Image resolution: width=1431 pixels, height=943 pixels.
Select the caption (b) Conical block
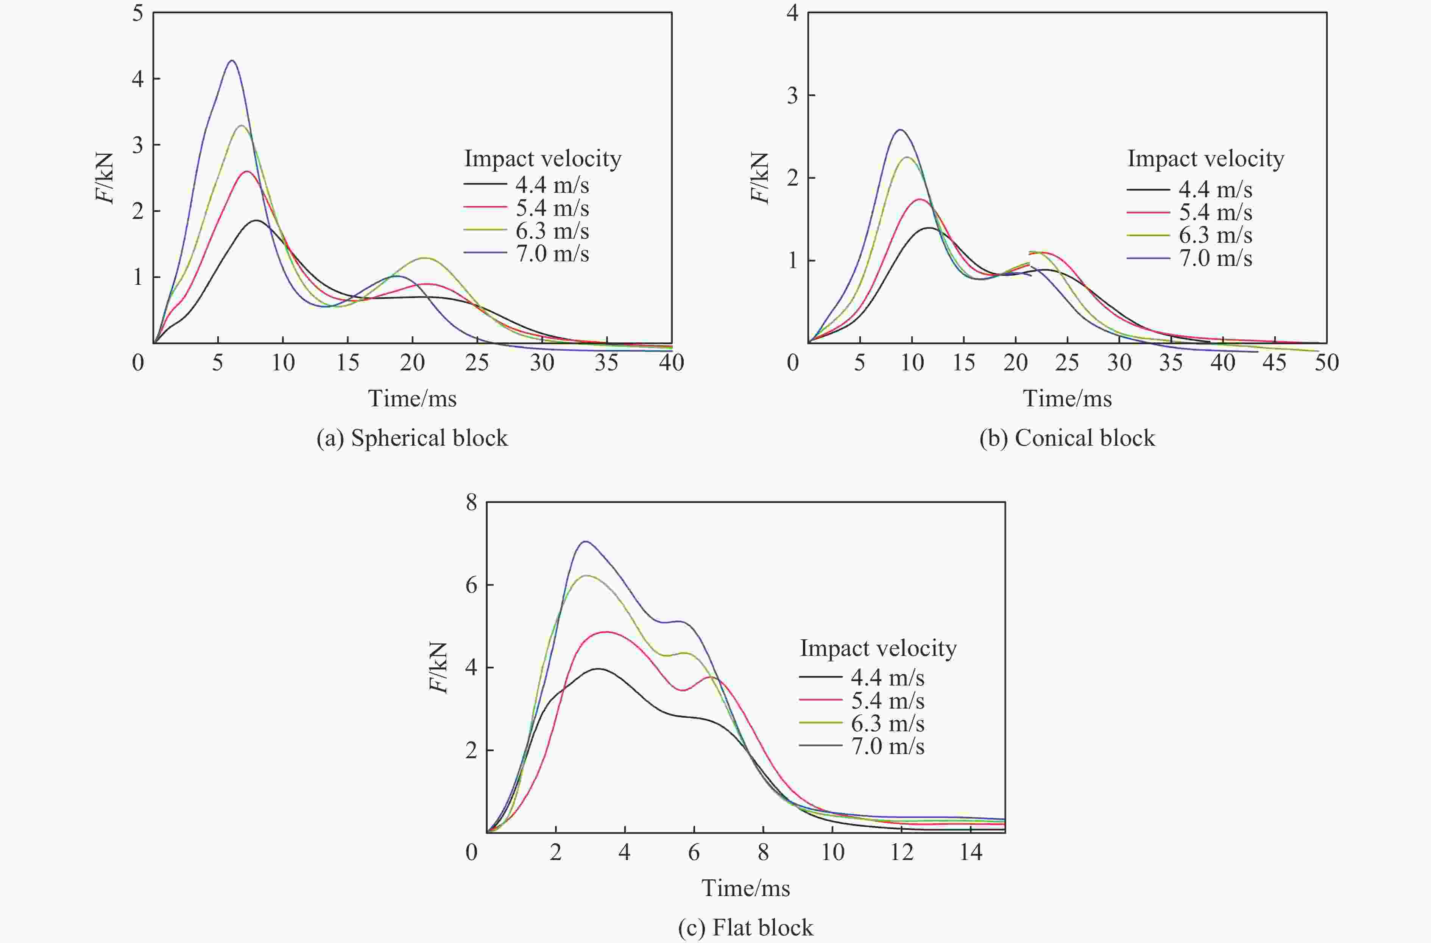(1067, 438)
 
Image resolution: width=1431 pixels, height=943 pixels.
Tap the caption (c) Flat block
(745, 927)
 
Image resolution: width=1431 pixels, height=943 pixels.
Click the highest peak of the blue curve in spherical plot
(231, 60)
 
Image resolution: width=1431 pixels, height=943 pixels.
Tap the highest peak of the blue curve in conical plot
(900, 129)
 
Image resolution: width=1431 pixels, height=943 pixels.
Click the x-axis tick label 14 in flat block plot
(970, 852)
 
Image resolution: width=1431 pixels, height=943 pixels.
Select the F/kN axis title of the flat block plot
(439, 668)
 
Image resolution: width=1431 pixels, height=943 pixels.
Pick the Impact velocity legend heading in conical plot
(1205, 158)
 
